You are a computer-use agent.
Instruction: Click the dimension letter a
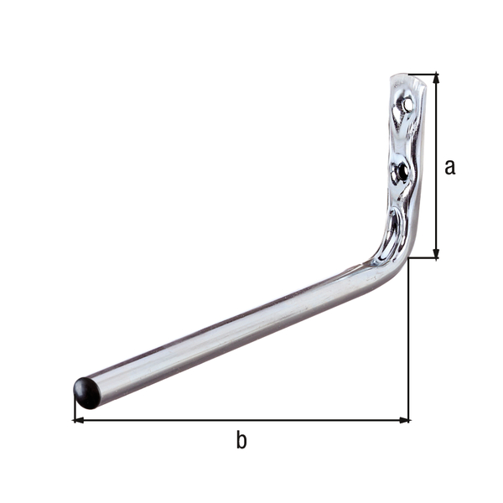450,167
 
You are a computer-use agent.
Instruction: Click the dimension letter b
241,440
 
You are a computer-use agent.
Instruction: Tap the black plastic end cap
86,392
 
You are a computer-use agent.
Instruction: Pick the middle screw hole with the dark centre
403,170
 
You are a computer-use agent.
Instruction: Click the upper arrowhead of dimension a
436,80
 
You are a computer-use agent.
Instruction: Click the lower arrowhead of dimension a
436,252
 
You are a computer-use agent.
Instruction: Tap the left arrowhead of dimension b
80,420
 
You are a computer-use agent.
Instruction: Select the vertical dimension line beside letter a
436,210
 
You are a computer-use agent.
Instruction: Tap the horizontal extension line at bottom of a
423,258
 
